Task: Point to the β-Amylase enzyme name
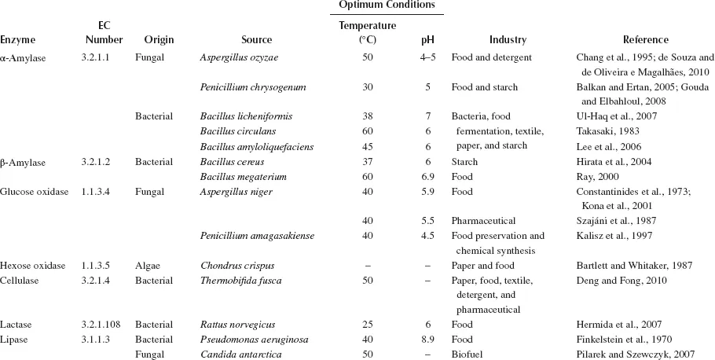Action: click(24, 162)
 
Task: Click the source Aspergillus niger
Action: click(233, 191)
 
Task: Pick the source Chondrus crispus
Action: click(234, 266)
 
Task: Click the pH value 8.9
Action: click(427, 340)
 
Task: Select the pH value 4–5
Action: click(427, 57)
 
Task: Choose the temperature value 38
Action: click(367, 116)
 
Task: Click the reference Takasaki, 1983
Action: click(603, 131)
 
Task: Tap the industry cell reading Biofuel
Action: click(467, 354)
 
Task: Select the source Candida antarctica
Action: click(236, 354)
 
